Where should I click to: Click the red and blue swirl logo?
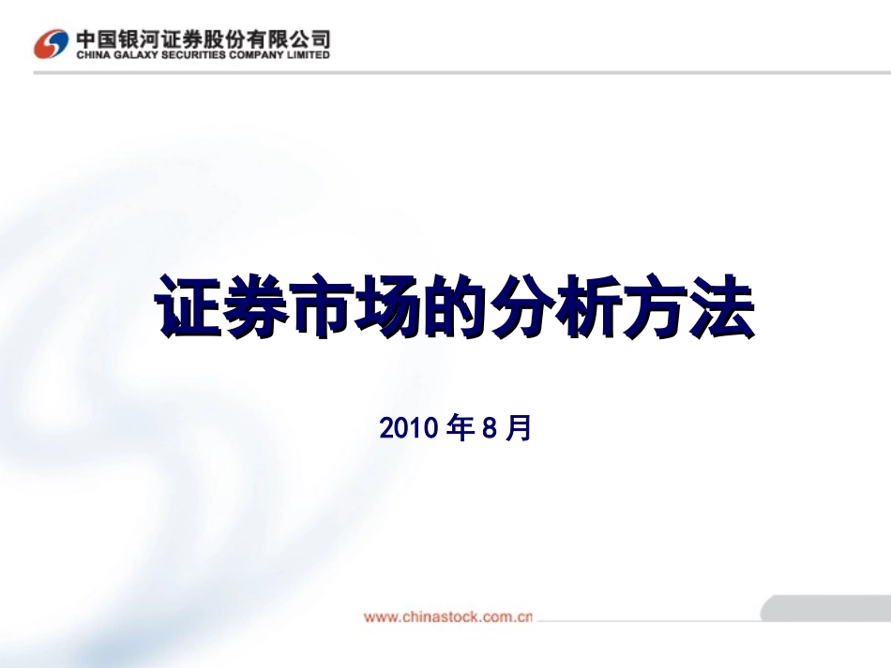pyautogui.click(x=52, y=43)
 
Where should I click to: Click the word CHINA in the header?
pyautogui.click(x=91, y=55)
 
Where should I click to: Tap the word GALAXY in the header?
pyautogui.click(x=133, y=55)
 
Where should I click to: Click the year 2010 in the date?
pyautogui.click(x=409, y=429)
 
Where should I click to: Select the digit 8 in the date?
pyautogui.click(x=488, y=429)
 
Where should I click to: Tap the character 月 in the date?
pyautogui.click(x=520, y=429)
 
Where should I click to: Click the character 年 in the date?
pyautogui.click(x=461, y=429)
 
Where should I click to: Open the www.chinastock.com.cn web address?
pyautogui.click(x=447, y=617)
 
